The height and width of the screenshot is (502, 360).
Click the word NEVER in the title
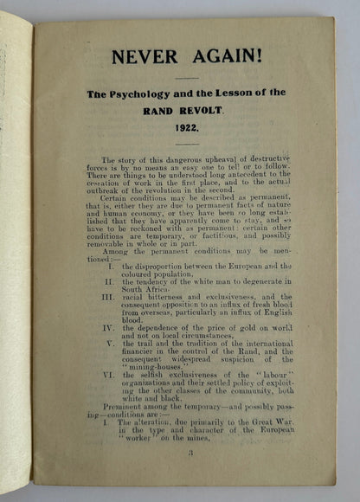pos(141,56)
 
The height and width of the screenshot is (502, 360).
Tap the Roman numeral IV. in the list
pos(108,329)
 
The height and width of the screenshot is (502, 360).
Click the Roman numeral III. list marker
pos(108,295)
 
